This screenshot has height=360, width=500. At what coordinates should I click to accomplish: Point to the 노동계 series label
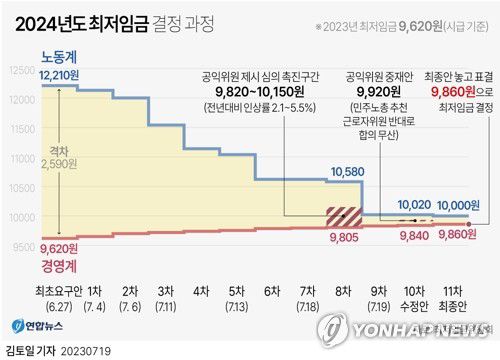pos(61,56)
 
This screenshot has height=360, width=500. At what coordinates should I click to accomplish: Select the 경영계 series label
pos(61,265)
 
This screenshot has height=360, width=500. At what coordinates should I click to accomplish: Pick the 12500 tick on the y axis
pos(19,72)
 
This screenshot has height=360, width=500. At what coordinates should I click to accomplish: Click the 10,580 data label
pos(345,173)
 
